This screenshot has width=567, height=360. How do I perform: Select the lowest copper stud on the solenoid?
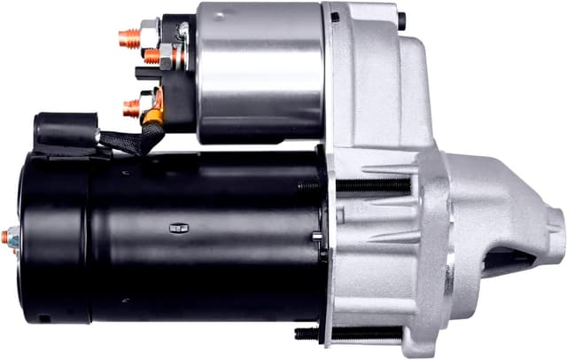pos(131,108)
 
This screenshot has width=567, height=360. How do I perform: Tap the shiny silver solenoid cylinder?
pos(260,71)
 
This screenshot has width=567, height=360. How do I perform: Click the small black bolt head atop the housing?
pos(401,20)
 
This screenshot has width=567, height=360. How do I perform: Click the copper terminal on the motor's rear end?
pos(11,238)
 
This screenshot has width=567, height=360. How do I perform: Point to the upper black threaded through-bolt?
pos(372,186)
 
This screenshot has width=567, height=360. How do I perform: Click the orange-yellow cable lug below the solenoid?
pos(154,114)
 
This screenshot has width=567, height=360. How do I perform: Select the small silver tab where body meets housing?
pos(317,236)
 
